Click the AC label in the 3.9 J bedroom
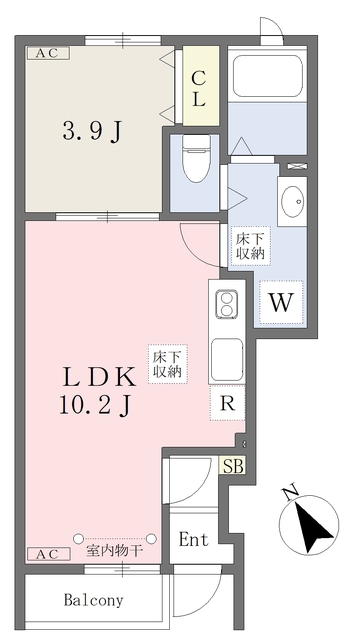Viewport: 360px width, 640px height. (x=48, y=53)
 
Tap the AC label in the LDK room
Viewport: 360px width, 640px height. (x=49, y=554)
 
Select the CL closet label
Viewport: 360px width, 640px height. (x=199, y=89)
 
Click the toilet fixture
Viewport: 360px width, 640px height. (x=196, y=159)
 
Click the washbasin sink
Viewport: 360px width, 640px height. (x=292, y=201)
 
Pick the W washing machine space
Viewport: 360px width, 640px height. (x=281, y=302)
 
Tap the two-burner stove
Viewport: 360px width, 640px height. (x=227, y=304)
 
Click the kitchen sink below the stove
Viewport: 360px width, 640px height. (x=227, y=359)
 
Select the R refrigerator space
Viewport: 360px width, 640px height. (x=227, y=403)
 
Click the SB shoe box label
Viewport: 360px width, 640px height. (x=234, y=466)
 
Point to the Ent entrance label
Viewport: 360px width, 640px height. (x=193, y=540)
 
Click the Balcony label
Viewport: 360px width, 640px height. (x=93, y=600)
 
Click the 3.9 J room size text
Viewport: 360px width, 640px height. (x=92, y=132)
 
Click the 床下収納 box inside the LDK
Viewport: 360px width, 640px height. (x=167, y=364)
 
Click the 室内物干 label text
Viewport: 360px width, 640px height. (x=114, y=551)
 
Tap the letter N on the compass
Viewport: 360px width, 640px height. (x=291, y=493)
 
